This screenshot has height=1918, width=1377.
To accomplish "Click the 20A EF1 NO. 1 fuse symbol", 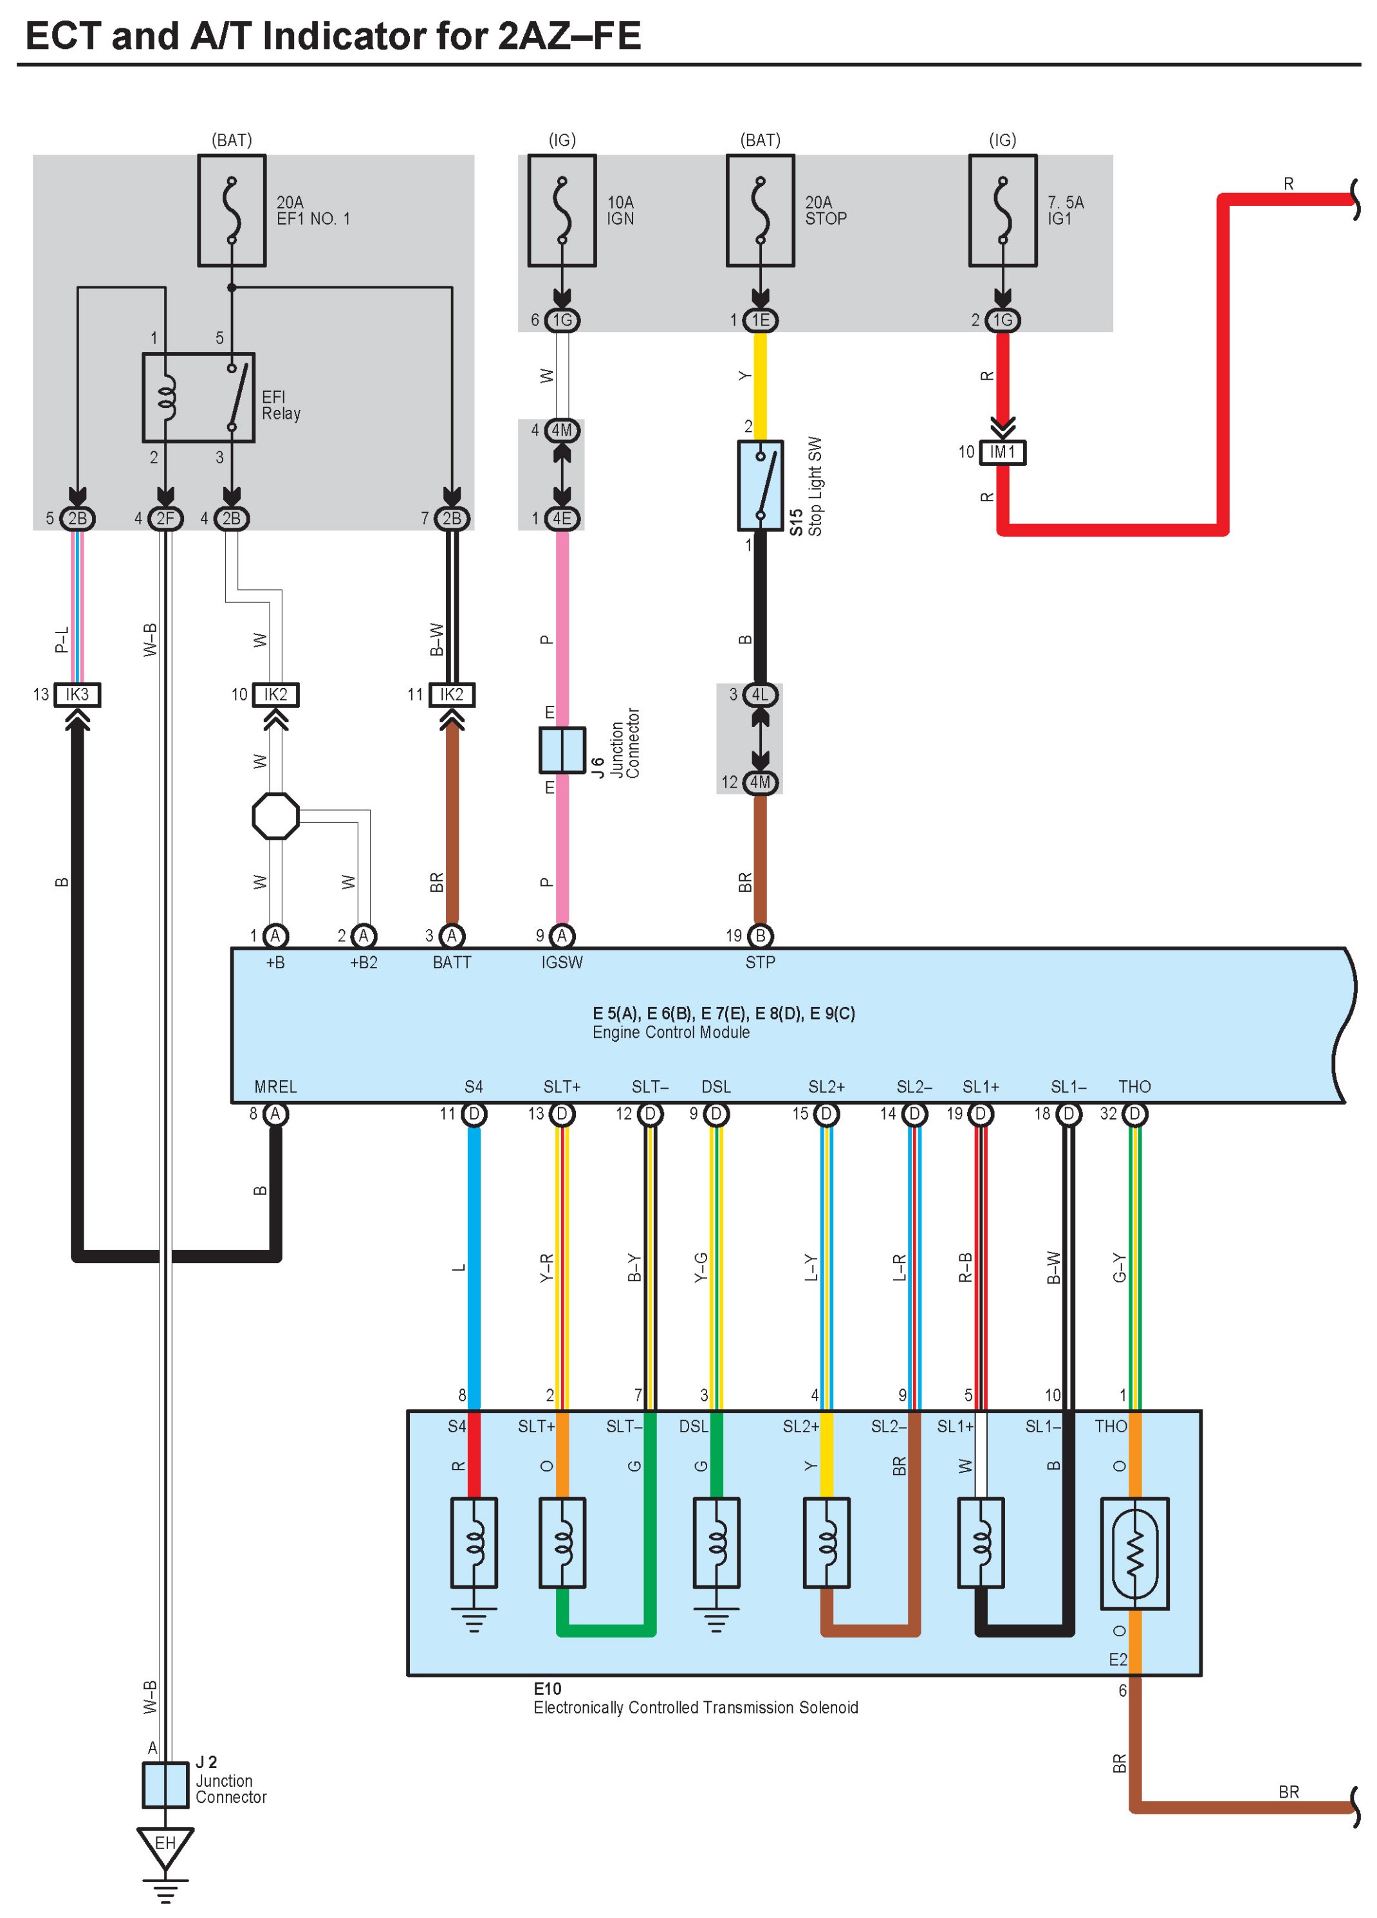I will (x=232, y=210).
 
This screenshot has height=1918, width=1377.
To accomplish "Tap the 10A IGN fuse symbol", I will (x=562, y=210).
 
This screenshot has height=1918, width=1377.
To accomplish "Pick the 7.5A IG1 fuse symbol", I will (x=1003, y=210).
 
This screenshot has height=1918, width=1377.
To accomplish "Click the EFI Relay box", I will (x=198, y=398).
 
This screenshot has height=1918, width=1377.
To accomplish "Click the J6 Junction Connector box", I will (x=562, y=750).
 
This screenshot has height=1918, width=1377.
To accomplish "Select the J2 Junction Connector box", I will (x=165, y=1784).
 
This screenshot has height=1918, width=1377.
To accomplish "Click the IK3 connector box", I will (x=77, y=694).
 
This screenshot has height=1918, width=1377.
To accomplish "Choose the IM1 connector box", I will (x=1003, y=452).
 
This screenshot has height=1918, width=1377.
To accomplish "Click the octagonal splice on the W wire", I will (x=276, y=816).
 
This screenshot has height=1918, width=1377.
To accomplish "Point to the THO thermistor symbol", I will (x=1134, y=1554).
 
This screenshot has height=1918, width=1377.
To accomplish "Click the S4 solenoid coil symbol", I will (x=474, y=1542).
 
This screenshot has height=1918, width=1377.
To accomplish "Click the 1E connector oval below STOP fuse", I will (x=761, y=320).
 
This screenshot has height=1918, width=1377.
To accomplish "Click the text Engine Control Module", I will (x=670, y=1033).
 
